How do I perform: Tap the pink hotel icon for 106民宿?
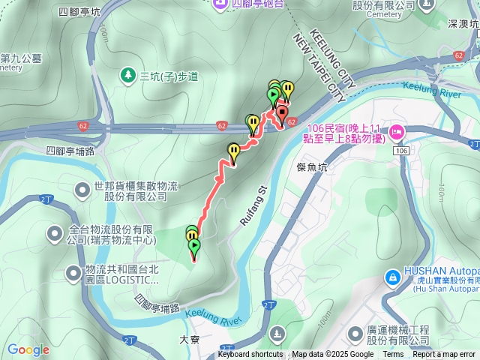tap(396, 133)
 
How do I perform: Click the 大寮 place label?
tap(190, 338)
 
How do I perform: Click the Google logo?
tap(28, 349)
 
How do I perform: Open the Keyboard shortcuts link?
tap(250, 355)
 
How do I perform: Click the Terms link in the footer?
tap(393, 355)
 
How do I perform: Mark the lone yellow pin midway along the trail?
tap(233, 153)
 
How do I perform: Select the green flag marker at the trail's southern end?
tap(195, 247)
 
